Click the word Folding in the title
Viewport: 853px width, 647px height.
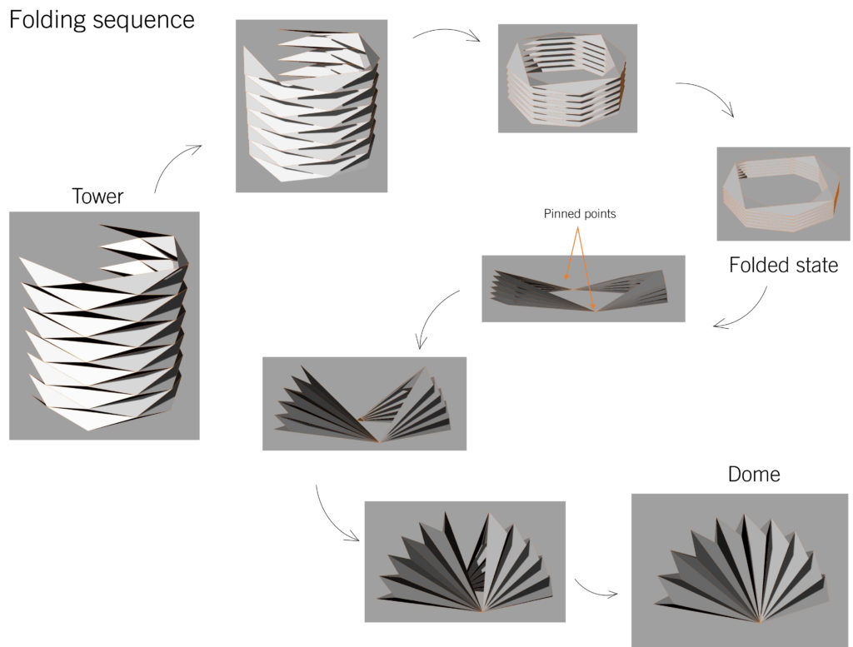[47, 20]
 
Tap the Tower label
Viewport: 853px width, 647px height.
[97, 197]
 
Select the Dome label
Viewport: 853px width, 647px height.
[754, 474]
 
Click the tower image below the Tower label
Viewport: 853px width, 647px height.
[104, 325]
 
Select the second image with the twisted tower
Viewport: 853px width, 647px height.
[311, 106]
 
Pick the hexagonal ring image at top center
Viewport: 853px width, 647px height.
[567, 77]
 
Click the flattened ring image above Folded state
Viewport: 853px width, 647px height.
[777, 193]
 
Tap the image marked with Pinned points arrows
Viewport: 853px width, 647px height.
[583, 289]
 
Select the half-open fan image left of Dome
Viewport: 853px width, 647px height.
[465, 561]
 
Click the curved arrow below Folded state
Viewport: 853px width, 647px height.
[745, 308]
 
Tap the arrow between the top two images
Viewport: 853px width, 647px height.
[447, 34]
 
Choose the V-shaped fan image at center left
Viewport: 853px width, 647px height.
[364, 404]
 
